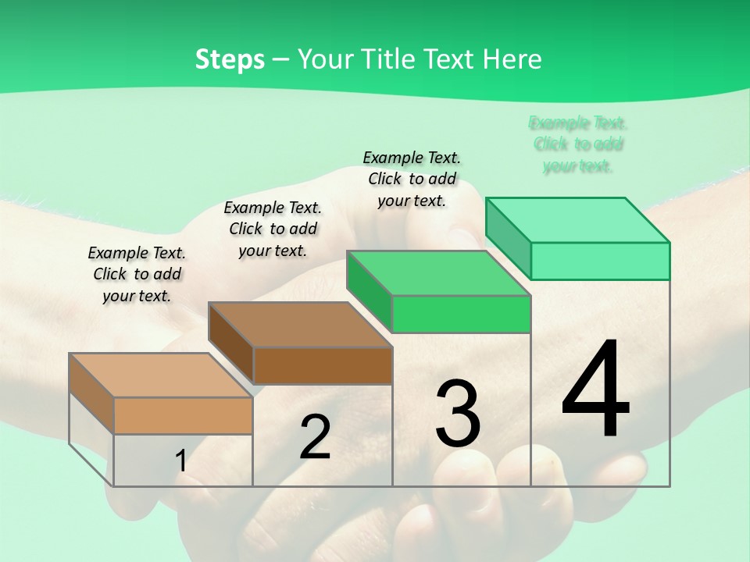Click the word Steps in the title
(x=229, y=59)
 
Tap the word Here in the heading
(x=512, y=59)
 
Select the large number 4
(x=595, y=389)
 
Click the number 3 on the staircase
(x=458, y=414)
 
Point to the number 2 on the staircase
(x=315, y=437)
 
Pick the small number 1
(x=181, y=461)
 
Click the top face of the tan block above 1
(x=160, y=375)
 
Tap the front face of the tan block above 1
(x=183, y=415)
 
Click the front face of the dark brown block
(x=323, y=365)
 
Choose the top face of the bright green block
(x=438, y=273)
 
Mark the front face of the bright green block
(x=461, y=314)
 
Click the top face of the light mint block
(x=577, y=220)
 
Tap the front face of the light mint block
(x=600, y=261)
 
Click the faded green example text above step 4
(x=577, y=144)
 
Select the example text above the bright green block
(x=412, y=179)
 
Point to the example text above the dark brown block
(x=273, y=229)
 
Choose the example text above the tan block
(x=137, y=274)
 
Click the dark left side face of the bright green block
(x=370, y=290)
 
